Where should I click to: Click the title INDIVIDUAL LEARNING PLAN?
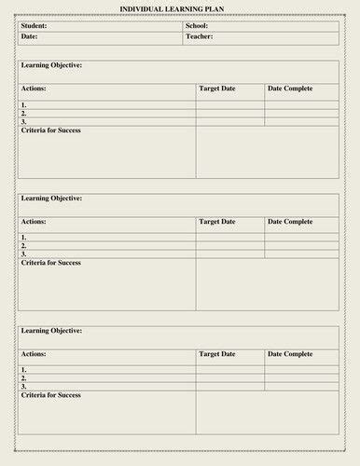(178, 8)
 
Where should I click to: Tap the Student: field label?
(35, 26)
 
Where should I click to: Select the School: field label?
(197, 26)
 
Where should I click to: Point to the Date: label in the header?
(30, 36)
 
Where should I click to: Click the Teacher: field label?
(199, 36)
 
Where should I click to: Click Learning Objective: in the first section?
(51, 65)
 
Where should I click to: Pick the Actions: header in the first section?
(34, 89)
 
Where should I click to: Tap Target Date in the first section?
(217, 89)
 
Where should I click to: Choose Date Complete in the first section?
(290, 89)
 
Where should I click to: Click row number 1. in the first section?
(24, 106)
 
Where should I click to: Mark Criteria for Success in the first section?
(50, 130)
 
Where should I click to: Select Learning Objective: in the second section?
(51, 199)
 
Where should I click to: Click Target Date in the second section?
(217, 222)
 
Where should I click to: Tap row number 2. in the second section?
(24, 246)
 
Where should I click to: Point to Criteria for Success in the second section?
(50, 263)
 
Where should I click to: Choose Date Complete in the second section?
(290, 222)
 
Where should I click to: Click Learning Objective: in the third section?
(51, 331)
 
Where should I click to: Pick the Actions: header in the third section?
(34, 354)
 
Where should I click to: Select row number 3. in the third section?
(24, 386)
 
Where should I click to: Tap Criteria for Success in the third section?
(50, 395)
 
